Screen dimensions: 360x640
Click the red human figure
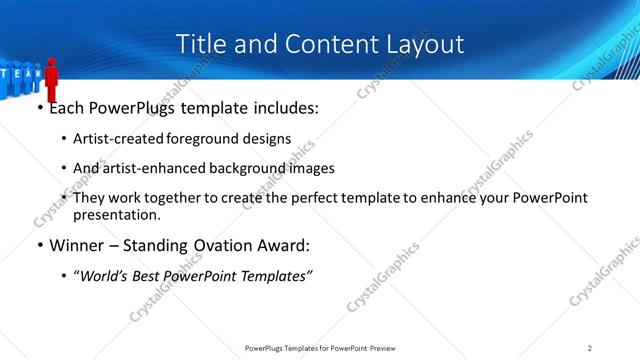[x=52, y=81]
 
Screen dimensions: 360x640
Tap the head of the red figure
[x=52, y=62]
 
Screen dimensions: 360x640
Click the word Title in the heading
[x=198, y=44]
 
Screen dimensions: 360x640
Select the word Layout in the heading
[x=424, y=44]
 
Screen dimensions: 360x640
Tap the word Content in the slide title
[x=321, y=44]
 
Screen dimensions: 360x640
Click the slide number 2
[x=590, y=347]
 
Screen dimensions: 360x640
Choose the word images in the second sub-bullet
[x=309, y=168]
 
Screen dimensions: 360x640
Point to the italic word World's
[x=108, y=275]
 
